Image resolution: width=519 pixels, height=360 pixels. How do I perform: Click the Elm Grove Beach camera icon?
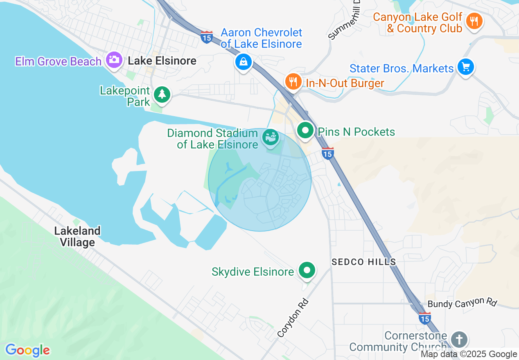[x=114, y=60]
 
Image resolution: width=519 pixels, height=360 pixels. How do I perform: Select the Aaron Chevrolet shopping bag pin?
[x=244, y=62]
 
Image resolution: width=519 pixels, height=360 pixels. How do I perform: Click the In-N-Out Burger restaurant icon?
[x=293, y=81]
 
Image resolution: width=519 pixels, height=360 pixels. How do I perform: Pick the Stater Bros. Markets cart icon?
[x=465, y=66]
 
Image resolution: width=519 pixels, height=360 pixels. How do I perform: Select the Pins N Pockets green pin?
[x=305, y=130]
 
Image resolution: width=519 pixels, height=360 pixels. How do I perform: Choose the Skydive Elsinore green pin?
[x=307, y=270]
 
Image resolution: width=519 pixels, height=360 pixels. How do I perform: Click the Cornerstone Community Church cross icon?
[x=459, y=339]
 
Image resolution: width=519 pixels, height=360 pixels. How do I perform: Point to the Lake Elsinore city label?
[x=162, y=61]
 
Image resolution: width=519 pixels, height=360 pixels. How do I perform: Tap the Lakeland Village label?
[x=77, y=236]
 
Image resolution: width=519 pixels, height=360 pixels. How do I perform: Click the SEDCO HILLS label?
[x=363, y=262]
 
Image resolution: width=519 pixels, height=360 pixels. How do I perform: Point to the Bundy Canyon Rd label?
[x=462, y=303]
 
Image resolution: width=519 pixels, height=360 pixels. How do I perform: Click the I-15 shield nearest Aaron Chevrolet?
[x=207, y=37]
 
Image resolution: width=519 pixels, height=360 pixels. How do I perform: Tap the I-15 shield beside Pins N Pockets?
[x=327, y=153]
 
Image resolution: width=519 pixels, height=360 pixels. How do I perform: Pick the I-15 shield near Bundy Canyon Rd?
[x=424, y=318]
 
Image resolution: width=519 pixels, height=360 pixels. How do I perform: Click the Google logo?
[x=27, y=350]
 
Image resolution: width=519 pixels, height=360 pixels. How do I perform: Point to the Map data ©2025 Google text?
[x=469, y=354]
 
